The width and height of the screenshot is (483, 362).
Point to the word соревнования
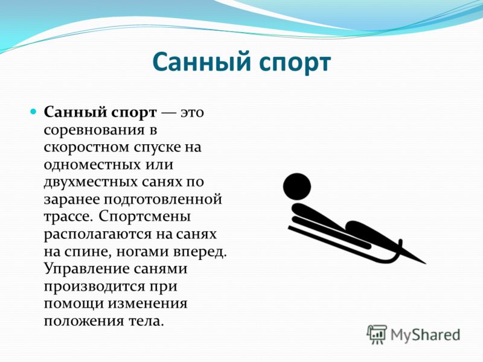(94, 130)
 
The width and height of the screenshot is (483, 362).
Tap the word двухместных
(90, 182)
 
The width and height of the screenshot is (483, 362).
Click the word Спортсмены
(145, 217)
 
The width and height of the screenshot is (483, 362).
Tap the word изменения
(147, 304)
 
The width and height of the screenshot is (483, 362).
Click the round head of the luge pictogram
(297, 187)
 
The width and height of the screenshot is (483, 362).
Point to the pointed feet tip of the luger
(425, 264)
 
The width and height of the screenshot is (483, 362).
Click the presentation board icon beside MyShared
(377, 334)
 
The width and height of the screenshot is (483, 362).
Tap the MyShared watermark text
(425, 335)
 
